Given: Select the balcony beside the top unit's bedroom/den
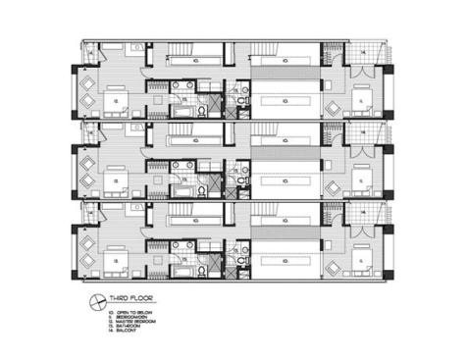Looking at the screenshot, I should click(x=363, y=53).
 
